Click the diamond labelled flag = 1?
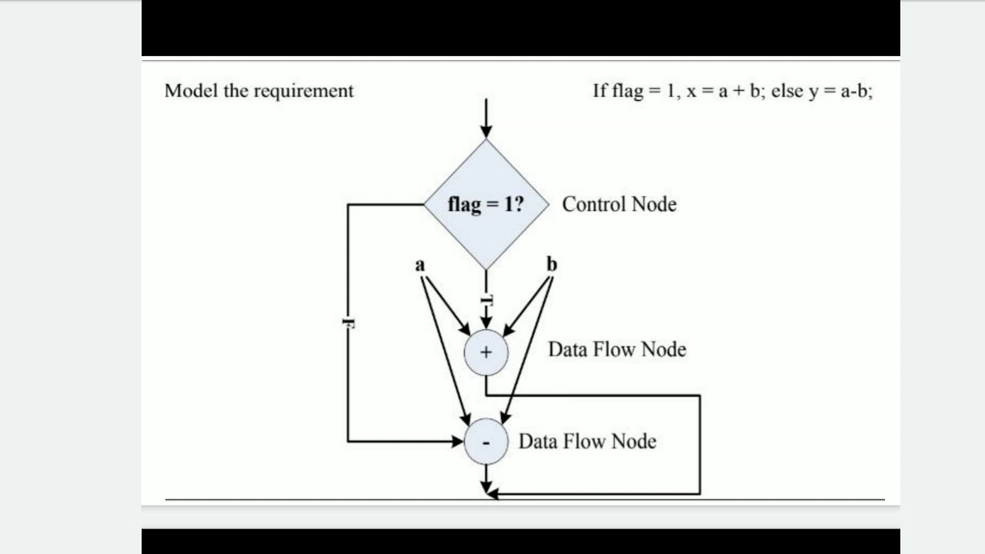[486, 205]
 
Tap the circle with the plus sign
[486, 352]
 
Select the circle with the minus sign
[486, 442]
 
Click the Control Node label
[619, 205]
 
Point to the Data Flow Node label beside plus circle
[617, 349]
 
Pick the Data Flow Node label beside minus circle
[587, 442]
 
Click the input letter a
[420, 265]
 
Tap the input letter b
[552, 264]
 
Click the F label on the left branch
[349, 323]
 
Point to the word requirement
[303, 92]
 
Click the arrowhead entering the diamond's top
[486, 132]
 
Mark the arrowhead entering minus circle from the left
[457, 441]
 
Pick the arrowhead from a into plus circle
[464, 329]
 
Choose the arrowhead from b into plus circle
[509, 330]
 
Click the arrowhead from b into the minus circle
[505, 418]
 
